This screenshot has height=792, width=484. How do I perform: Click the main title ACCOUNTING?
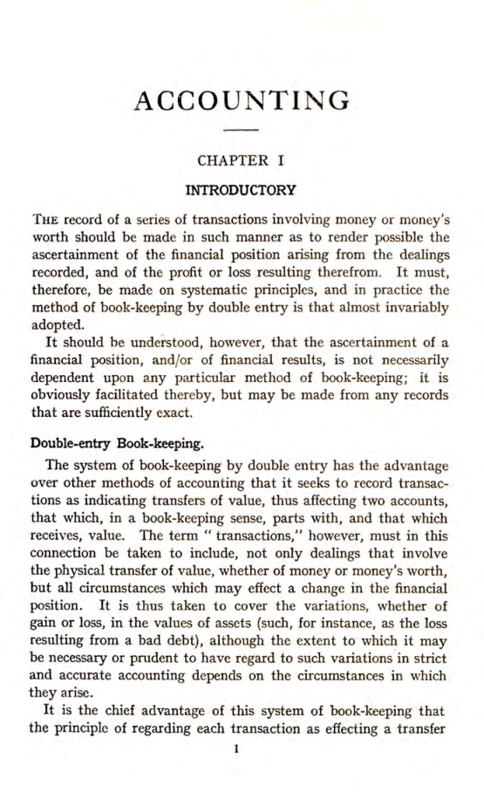tap(242, 100)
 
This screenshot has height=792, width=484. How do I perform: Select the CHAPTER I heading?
tap(242, 160)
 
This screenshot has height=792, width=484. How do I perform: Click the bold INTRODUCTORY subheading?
tap(242, 188)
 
